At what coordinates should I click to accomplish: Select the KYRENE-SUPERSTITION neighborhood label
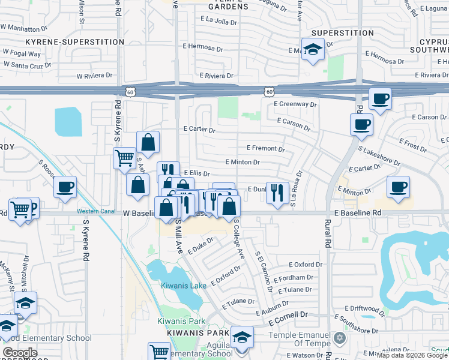pyautogui.click(x=74, y=42)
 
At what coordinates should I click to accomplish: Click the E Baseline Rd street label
pyautogui.click(x=358, y=213)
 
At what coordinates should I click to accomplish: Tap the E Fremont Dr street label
pyautogui.click(x=265, y=148)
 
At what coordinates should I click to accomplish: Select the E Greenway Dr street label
pyautogui.click(x=297, y=104)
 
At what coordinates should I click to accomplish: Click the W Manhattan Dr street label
pyautogui.click(x=25, y=28)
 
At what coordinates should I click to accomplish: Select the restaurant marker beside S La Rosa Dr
pyautogui.click(x=277, y=193)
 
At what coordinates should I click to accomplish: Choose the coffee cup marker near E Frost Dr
pyautogui.click(x=361, y=124)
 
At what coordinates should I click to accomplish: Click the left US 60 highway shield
pyautogui.click(x=130, y=91)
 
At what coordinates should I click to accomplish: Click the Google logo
pyautogui.click(x=19, y=353)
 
